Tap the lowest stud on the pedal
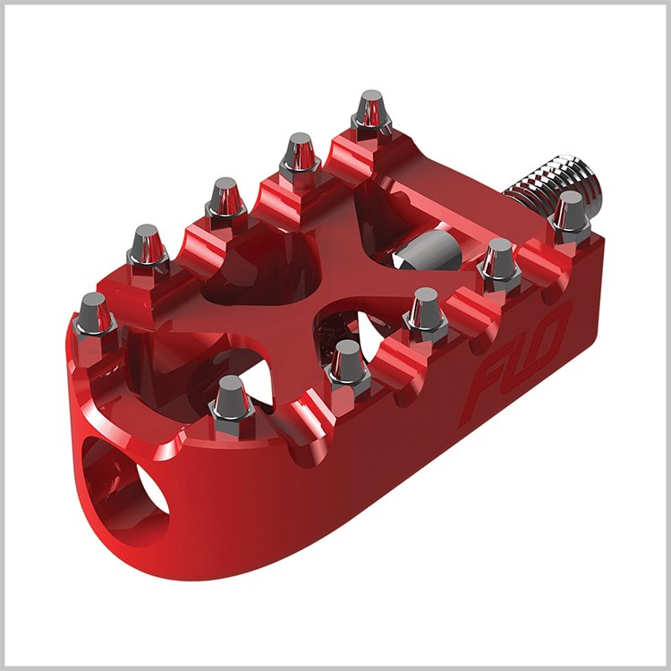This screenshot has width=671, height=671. pos(230,399)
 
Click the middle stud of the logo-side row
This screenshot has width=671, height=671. pos(424,313)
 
